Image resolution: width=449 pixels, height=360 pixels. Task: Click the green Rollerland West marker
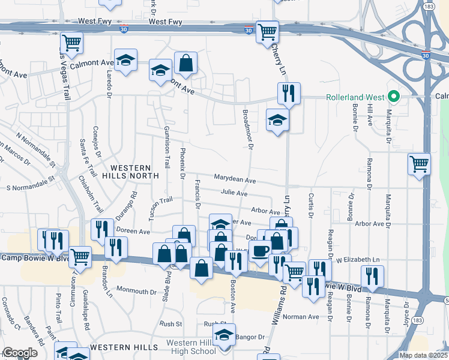point(394,97)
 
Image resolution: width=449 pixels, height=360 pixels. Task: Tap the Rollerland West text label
point(355,97)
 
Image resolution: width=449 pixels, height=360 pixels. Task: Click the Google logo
point(20,353)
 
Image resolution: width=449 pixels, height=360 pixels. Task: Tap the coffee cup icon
point(260,251)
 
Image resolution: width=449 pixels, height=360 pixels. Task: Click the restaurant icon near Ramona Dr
point(372,276)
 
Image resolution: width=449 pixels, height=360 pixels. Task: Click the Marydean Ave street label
point(235,179)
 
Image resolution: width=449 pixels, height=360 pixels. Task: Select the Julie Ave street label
point(234,193)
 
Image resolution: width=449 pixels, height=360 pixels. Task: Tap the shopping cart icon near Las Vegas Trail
point(71,43)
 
